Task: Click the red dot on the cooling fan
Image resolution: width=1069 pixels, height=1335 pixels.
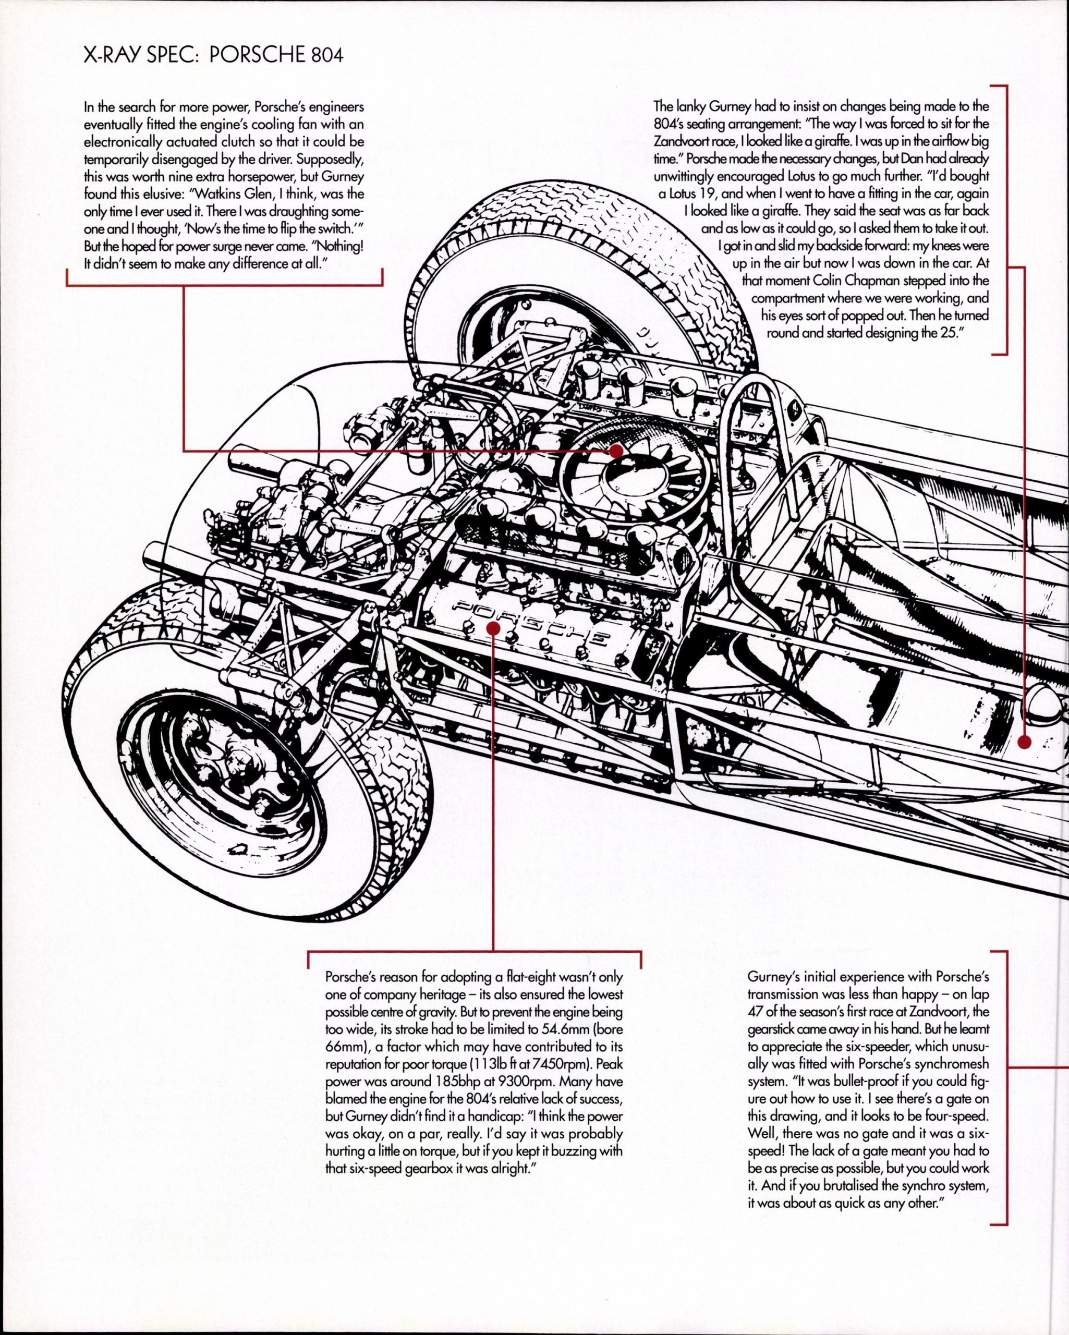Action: [x=616, y=451]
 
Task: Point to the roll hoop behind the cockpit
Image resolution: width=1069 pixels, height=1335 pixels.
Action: [x=740, y=433]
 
